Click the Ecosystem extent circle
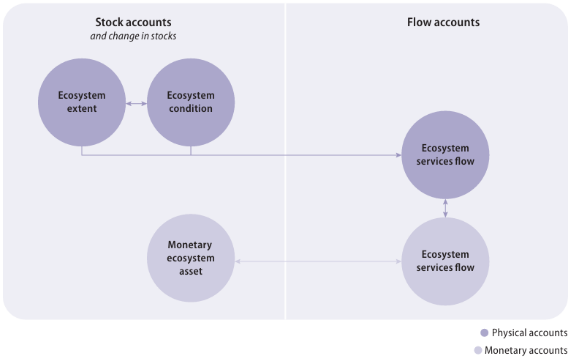pos(81,102)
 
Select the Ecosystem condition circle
pos(190,102)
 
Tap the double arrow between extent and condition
pos(136,102)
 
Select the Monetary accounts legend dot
pos(476,350)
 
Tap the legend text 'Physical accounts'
pos(530,333)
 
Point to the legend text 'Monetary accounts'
pos(525,350)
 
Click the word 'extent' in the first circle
pos(81,109)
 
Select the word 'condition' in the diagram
pos(190,109)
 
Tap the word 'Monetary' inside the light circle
pos(190,245)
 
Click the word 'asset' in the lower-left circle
pos(190,273)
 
